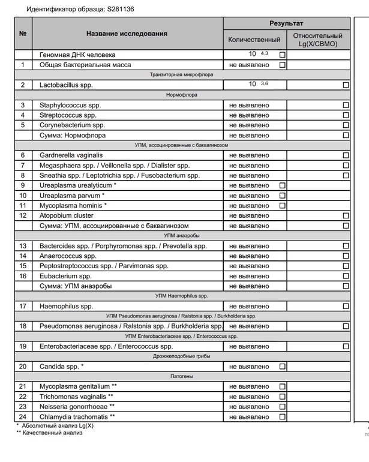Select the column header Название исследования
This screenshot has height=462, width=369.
coord(127,34)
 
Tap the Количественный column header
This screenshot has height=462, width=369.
coord(254,40)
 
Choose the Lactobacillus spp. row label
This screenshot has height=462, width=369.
coord(66,85)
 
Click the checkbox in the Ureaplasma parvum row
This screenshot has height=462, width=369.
coord(283,196)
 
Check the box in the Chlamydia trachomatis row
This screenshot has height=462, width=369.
coord(283,417)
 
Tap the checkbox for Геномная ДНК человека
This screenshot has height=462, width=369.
coord(283,55)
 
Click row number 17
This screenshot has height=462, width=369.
coord(23,307)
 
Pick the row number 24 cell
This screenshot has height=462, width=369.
coord(23,417)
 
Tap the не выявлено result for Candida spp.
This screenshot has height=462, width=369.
coord(249,367)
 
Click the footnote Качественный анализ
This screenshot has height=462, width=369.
coord(52,433)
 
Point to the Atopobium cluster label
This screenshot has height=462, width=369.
coord(67,215)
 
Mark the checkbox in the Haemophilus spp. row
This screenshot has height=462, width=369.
coord(346,307)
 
